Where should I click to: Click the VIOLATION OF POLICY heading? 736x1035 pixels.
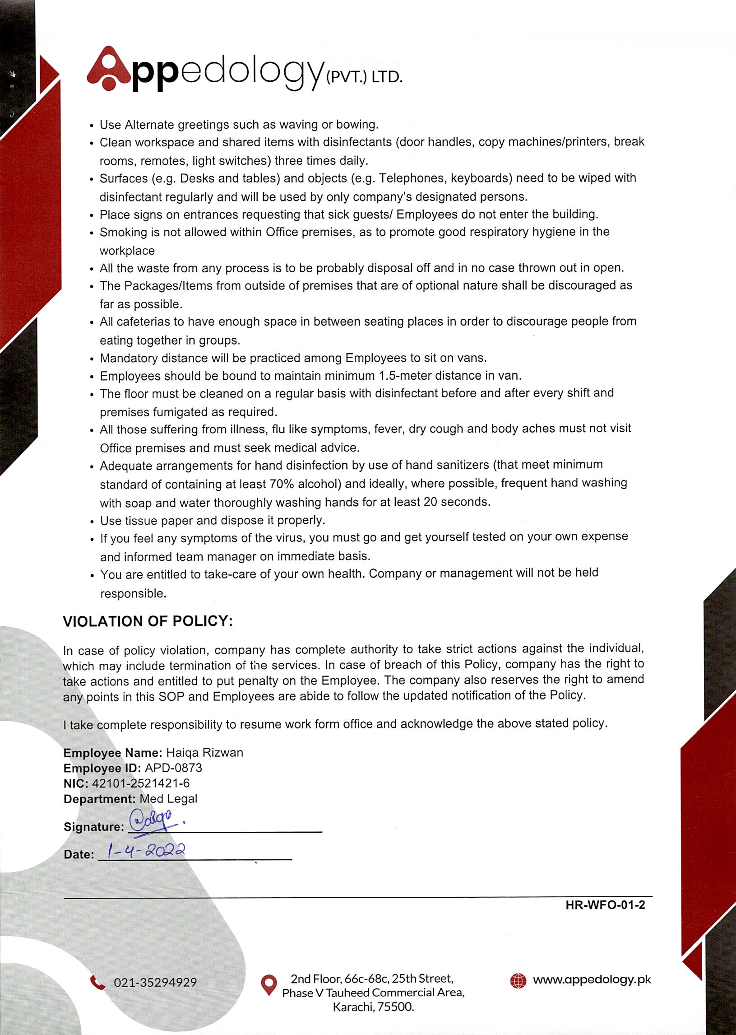click(148, 621)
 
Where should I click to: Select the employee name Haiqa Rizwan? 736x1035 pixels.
click(204, 753)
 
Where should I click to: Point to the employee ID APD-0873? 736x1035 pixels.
click(173, 768)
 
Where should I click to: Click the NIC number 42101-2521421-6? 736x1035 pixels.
click(140, 783)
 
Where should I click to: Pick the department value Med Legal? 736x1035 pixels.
click(168, 799)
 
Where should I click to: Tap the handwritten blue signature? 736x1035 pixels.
click(152, 822)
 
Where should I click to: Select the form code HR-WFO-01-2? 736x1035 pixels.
click(605, 905)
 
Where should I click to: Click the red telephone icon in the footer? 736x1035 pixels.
click(97, 982)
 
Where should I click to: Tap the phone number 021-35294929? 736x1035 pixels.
click(155, 982)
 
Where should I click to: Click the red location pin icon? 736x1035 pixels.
click(269, 985)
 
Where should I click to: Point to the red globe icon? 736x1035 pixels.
click(518, 980)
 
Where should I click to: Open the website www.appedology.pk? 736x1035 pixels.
click(592, 979)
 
